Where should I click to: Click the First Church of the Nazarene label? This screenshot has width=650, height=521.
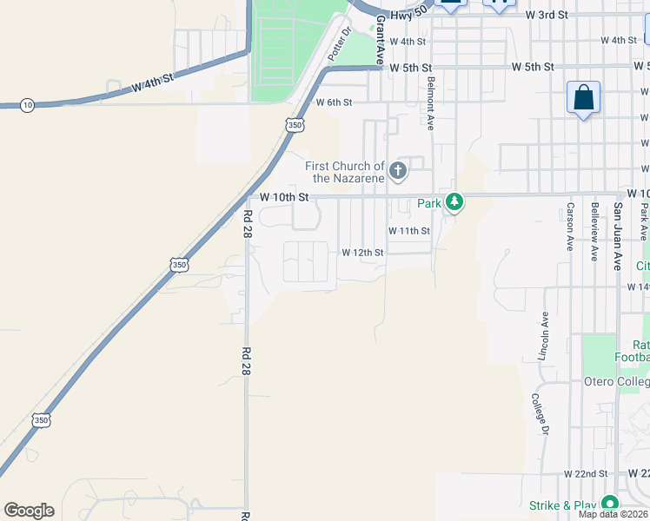345,172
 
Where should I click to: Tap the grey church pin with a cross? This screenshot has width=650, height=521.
399,170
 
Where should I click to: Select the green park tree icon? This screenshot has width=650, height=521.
454,202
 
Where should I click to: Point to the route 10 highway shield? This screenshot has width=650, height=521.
28,105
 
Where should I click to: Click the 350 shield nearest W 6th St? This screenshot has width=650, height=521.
295,125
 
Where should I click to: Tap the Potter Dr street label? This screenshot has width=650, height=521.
338,44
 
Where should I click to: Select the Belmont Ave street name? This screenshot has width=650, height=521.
430,102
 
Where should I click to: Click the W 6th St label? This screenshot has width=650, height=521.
334,102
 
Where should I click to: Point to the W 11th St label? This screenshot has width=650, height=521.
409,231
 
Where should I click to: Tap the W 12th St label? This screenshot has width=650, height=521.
362,253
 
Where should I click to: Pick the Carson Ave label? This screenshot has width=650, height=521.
570,224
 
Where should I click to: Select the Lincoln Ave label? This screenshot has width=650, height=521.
544,337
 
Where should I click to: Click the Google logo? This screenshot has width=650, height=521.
29,511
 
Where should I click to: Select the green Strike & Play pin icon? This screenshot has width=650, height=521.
610,504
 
